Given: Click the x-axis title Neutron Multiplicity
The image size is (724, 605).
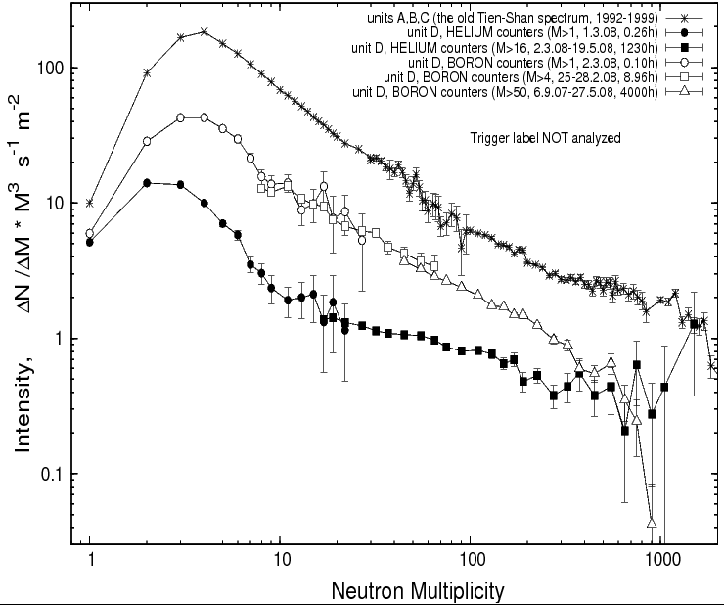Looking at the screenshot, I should point(418,591).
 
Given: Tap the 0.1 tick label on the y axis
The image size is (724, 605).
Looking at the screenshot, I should point(51,475).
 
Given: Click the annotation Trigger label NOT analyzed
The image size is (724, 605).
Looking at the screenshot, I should point(546,139).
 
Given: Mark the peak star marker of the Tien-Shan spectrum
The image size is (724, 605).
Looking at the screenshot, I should point(204,31).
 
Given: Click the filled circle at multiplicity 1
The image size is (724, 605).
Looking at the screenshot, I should point(90,241).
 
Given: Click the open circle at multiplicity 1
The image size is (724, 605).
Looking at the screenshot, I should point(90,233).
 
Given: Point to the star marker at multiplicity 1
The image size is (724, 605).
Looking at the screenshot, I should point(90,203).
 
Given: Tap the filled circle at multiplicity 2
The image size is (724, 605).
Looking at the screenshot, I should point(147,183).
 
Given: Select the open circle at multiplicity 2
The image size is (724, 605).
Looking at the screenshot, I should point(147,141).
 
